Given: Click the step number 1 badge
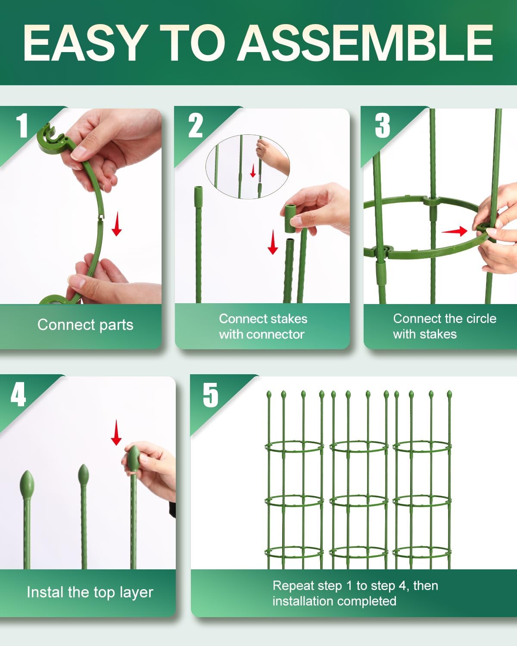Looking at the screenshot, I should [x=22, y=126].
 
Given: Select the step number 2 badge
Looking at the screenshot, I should [x=195, y=126].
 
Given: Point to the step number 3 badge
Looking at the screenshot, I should [x=382, y=126].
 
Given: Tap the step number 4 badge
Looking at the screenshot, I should [x=18, y=394].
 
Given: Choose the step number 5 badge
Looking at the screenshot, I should [x=211, y=394].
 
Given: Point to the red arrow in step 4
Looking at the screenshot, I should [x=116, y=433].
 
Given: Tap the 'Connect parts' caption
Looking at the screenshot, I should [x=85, y=325].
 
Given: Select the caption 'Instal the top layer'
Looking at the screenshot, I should [x=90, y=592].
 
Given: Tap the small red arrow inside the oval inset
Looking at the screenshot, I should [x=253, y=171].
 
